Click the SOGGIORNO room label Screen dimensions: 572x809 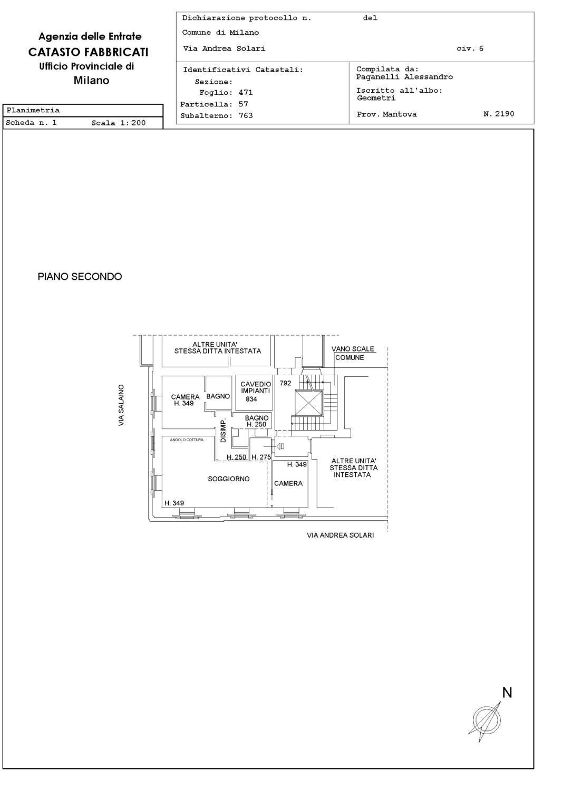[x=228, y=479]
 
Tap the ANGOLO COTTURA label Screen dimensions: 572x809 [x=187, y=440]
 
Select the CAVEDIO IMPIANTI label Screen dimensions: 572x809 [x=256, y=387]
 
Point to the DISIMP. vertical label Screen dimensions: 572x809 [x=223, y=431]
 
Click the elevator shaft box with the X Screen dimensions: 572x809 [x=308, y=403]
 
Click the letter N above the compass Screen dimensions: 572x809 [x=507, y=693]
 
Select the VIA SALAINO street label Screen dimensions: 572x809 [x=121, y=405]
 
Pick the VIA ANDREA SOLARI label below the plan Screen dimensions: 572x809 [x=341, y=535]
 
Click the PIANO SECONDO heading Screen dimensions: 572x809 [x=80, y=277]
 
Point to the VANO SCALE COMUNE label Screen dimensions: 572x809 [x=352, y=353]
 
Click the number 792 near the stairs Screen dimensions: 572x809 [x=285, y=383]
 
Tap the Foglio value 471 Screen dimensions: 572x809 [x=246, y=92]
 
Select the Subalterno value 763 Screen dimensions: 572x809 [x=246, y=115]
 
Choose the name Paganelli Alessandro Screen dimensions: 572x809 [x=404, y=77]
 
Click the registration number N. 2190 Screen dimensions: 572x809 [x=499, y=114]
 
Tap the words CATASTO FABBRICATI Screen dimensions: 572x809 [x=88, y=52]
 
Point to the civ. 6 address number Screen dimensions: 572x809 [x=470, y=48]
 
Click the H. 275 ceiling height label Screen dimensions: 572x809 [x=261, y=457]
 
